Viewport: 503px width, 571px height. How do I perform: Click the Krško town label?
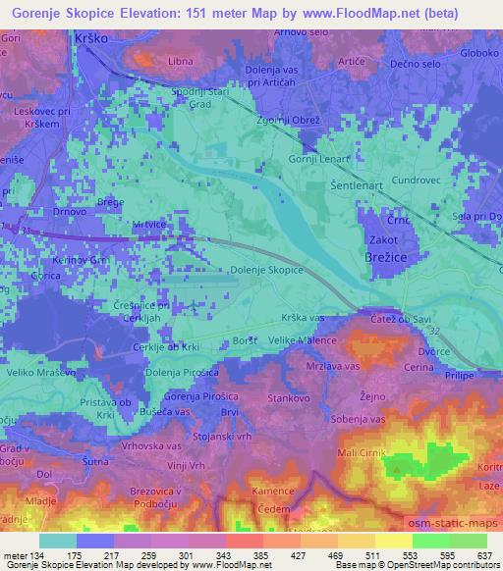click(x=91, y=36)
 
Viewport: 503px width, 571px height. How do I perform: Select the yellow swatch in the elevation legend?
click(x=393, y=541)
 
